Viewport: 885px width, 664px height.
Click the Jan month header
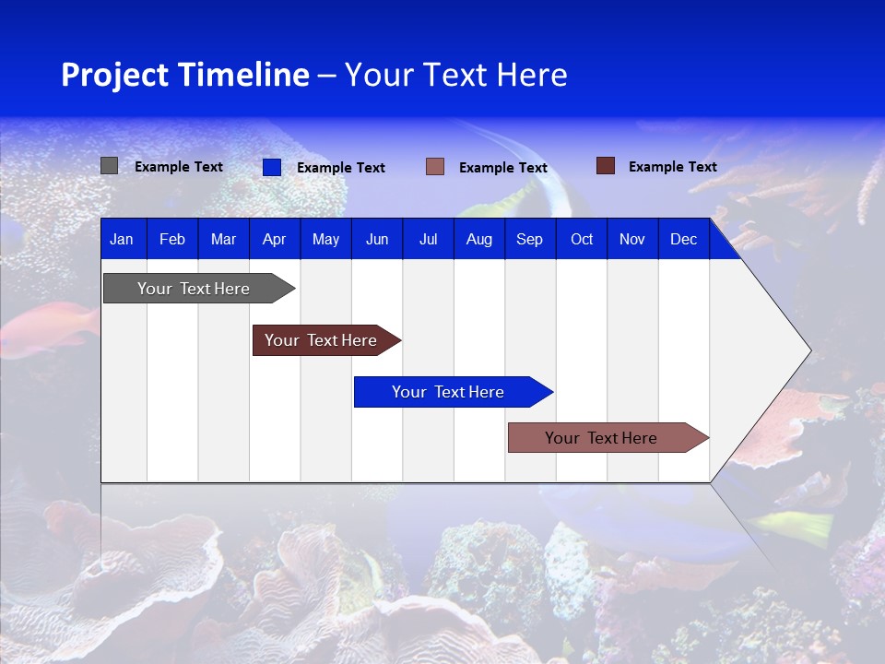[122, 240]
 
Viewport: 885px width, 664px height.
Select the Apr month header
[274, 240]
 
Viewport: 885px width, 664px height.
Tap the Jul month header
[428, 240]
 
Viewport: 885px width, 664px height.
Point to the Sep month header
[529, 240]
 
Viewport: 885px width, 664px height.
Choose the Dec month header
[683, 240]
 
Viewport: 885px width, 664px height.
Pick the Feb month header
[172, 240]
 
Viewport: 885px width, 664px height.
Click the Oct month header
[582, 240]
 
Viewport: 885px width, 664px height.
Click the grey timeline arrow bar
[194, 289]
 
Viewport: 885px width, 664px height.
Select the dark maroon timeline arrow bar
[321, 340]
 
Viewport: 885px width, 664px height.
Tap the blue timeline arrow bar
[448, 392]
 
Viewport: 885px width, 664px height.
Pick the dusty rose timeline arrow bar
[601, 438]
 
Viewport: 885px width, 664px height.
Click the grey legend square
[110, 166]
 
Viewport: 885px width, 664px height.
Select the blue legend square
[272, 167]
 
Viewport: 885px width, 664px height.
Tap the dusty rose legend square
[435, 167]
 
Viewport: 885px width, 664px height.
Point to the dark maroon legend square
[606, 166]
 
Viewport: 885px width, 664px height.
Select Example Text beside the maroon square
[672, 167]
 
